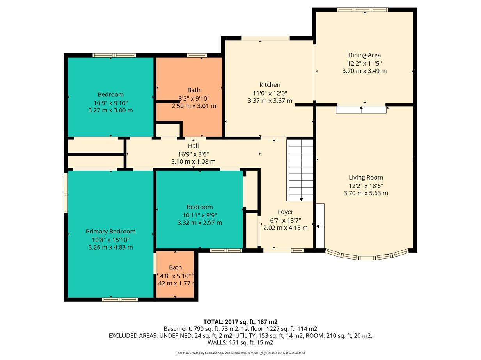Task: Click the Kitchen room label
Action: [270, 85]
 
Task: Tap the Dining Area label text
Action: [364, 55]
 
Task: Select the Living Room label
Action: [366, 177]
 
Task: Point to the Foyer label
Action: [285, 212]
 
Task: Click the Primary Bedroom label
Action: [110, 232]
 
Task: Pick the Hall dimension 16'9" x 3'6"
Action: [193, 154]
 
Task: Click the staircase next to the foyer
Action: [300, 170]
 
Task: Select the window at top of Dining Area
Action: [362, 10]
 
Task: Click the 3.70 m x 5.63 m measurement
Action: [366, 193]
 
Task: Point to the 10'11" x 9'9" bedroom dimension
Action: [200, 215]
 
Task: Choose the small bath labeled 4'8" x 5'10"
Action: [175, 275]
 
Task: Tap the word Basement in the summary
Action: [177, 329]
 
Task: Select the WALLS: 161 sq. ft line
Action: [240, 343]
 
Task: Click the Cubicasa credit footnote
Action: [240, 353]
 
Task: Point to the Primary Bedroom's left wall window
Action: [66, 193]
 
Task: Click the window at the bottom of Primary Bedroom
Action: [120, 299]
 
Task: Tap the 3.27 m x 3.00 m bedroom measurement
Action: [110, 110]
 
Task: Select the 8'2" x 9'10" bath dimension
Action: [194, 99]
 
